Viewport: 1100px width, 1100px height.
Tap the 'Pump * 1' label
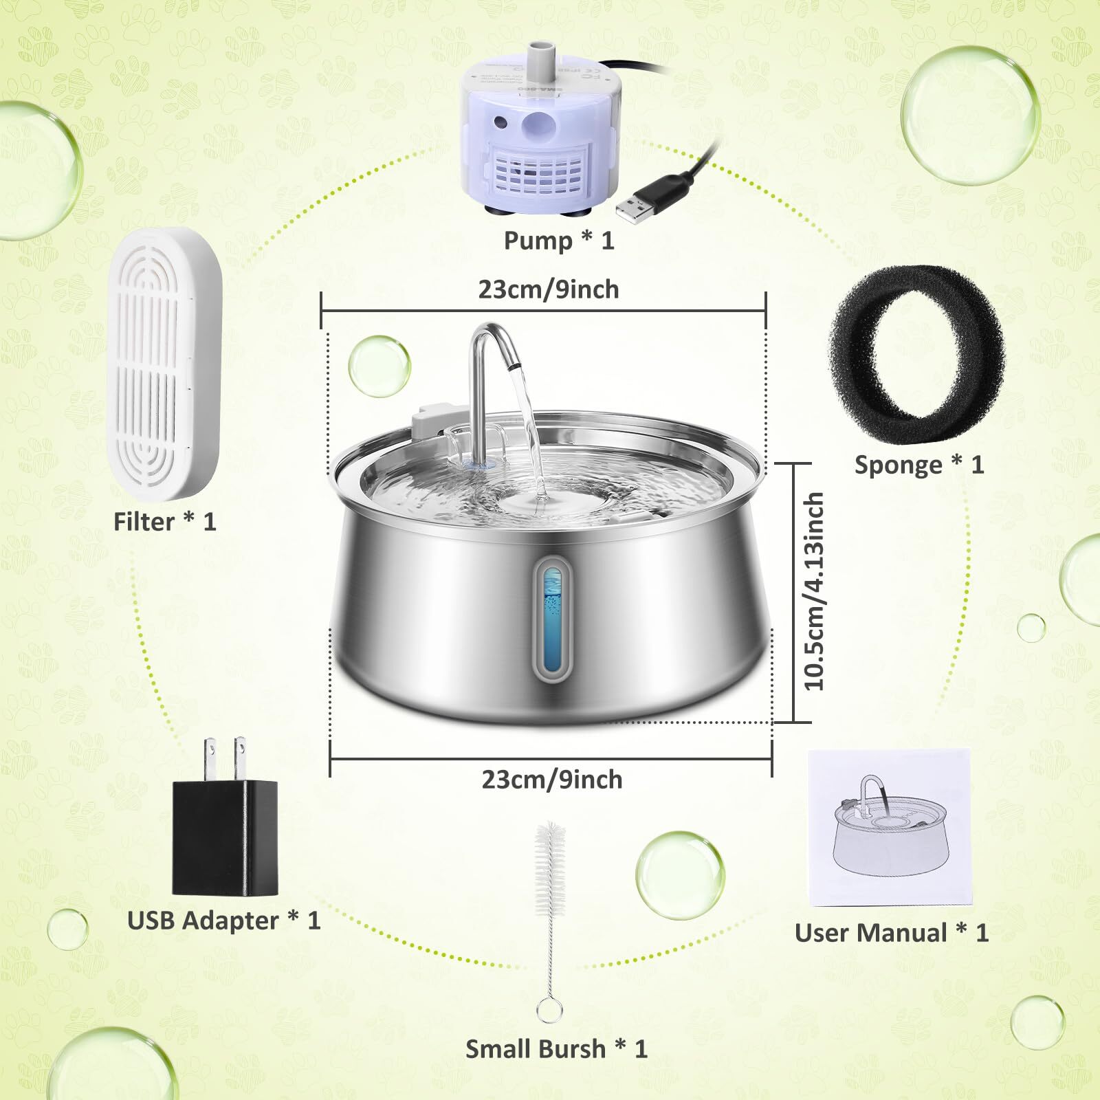point(558,241)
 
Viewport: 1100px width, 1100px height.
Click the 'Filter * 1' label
point(165,522)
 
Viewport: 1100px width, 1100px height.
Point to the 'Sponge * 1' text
point(919,465)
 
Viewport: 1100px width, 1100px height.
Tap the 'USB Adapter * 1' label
point(224,921)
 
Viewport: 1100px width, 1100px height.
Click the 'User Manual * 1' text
point(891,933)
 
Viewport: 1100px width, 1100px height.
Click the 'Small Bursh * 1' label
point(556,1048)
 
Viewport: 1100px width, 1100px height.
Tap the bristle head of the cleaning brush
point(550,866)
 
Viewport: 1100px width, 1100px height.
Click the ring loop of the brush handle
point(549,1009)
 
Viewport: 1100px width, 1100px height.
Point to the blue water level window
point(552,615)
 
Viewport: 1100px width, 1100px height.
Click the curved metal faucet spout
point(489,344)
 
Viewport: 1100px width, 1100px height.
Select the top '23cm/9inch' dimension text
point(549,289)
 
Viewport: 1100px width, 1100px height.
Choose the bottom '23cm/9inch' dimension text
point(551,780)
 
